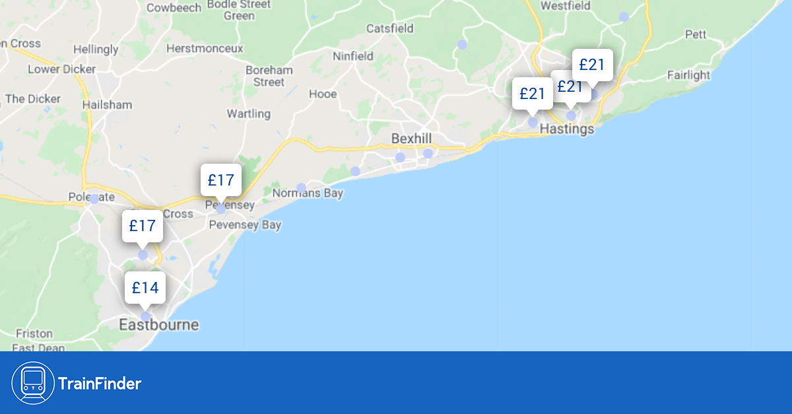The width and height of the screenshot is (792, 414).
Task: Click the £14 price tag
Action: click(x=145, y=288)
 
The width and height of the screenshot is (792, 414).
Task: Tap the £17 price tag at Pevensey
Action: click(x=220, y=180)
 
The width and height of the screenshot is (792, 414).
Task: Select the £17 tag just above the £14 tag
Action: click(x=142, y=226)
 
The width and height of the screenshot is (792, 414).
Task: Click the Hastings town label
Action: click(x=567, y=129)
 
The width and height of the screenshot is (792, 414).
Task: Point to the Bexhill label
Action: click(x=411, y=139)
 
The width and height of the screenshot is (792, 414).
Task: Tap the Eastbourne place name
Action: click(x=158, y=325)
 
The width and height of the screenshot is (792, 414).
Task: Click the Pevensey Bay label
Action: click(x=245, y=225)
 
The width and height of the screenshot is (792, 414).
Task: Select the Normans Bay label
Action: click(x=308, y=193)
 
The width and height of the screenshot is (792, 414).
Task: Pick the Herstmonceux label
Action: click(x=205, y=48)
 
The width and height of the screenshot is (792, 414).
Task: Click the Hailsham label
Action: click(x=107, y=104)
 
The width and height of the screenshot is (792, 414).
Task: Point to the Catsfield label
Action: click(x=390, y=28)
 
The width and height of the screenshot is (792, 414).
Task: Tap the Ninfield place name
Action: click(x=353, y=56)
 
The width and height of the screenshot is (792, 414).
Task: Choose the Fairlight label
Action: click(x=688, y=75)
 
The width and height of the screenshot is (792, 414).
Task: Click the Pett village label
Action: click(x=696, y=34)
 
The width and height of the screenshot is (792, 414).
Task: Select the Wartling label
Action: click(x=249, y=114)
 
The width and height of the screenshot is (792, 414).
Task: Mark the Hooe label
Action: click(x=323, y=94)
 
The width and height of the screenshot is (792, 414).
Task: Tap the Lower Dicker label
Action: click(x=61, y=69)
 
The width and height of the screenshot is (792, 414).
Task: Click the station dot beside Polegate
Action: click(x=94, y=199)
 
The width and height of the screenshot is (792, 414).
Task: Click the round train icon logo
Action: click(x=33, y=383)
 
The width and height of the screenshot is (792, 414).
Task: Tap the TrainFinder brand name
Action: click(x=100, y=383)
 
